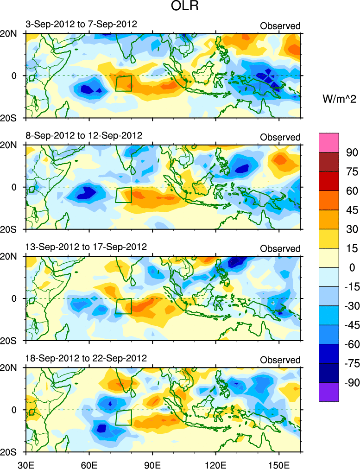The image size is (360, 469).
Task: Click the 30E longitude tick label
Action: pos(25,463)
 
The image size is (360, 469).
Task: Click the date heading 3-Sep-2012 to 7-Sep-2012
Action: pos(82,24)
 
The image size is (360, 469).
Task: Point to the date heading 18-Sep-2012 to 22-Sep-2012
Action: pos(87,358)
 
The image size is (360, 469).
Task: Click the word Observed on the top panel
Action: pos(280,26)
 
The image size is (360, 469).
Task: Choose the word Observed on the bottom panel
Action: pos(280,360)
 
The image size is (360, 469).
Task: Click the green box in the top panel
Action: pos(124,83)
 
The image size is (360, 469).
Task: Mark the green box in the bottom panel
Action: pos(124,417)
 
